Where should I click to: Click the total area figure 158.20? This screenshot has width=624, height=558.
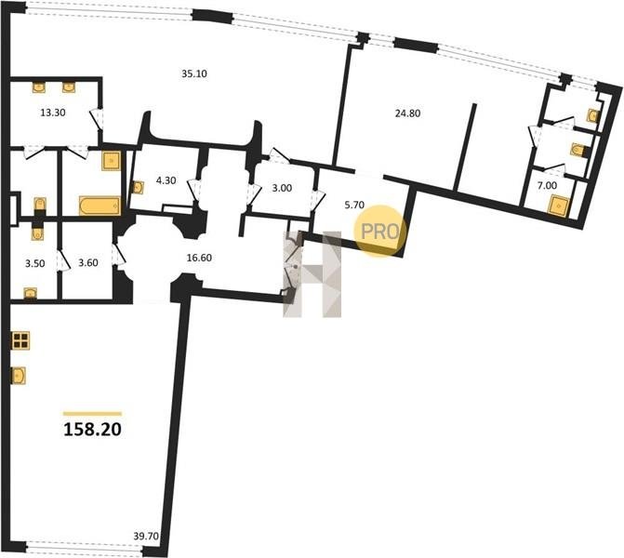coord(92,430)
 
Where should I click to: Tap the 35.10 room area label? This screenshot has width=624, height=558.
coord(194,73)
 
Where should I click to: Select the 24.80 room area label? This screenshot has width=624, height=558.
coord(407,113)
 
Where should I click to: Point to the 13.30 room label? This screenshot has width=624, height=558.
coord(53,113)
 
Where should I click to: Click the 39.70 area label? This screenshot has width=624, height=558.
coord(146,536)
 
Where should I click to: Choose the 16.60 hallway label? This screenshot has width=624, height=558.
coord(199,258)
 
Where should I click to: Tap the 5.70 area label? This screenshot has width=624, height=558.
coord(354,205)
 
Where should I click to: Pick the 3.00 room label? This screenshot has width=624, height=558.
coord(282,188)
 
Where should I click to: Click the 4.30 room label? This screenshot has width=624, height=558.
coord(166,180)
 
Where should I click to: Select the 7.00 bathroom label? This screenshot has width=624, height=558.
coord(547,185)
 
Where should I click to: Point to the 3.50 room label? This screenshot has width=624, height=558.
coord(35,263)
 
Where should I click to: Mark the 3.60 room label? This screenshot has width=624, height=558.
coord(88,262)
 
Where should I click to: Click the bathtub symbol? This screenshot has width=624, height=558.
coord(100,206)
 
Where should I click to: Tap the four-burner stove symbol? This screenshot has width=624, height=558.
coord(20,340)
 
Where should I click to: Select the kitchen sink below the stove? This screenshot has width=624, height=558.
coord(19,376)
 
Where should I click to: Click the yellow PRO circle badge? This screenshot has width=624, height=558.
coord(380,231)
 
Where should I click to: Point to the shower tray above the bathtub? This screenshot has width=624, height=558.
coord(111,161)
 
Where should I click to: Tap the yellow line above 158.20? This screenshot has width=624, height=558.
coord(92,414)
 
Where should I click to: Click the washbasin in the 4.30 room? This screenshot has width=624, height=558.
coord(138,188)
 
